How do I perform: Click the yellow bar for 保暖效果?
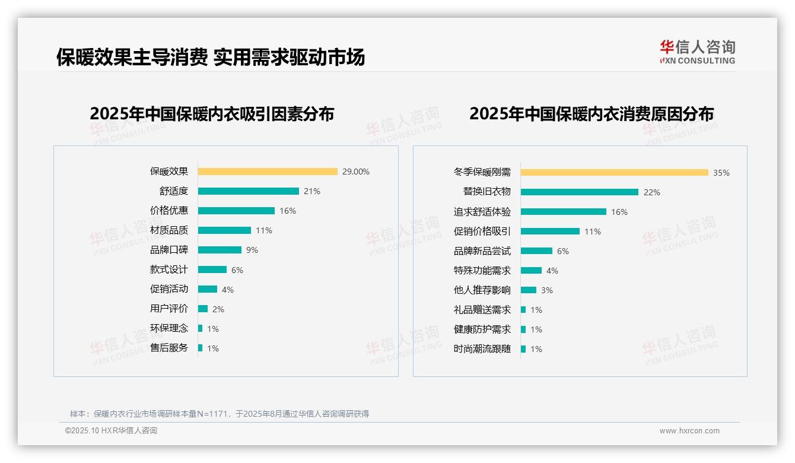[268, 172]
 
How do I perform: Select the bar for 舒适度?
[249, 191]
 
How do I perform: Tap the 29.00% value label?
[356, 172]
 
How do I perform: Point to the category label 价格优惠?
[169, 211]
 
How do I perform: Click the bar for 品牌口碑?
[220, 250]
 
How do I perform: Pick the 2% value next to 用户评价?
[218, 309]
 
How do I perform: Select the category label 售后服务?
[169, 348]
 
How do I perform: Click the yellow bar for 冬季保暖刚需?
[615, 173]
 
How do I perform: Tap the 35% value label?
[721, 173]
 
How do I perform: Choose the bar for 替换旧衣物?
[580, 192]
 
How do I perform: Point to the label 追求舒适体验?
[482, 212]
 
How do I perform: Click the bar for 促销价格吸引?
[550, 231]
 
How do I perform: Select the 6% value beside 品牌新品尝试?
[563, 251]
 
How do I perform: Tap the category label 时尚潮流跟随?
[482, 349]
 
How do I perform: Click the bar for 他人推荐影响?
[529, 290]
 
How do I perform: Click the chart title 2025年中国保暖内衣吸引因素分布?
[212, 113]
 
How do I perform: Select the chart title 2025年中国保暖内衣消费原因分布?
[592, 113]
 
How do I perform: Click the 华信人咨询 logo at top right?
[698, 52]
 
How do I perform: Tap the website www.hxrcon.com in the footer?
[689, 431]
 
